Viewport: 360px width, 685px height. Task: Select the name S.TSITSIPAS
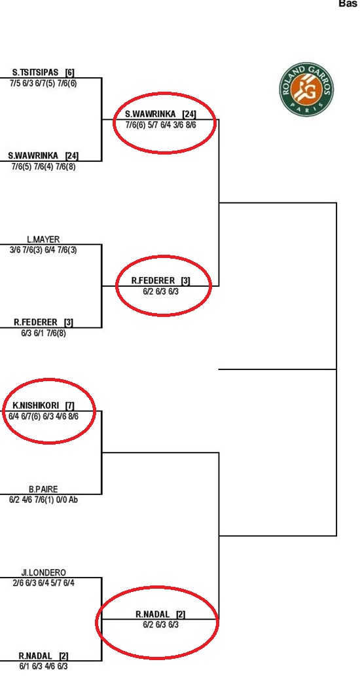pyautogui.click(x=35, y=72)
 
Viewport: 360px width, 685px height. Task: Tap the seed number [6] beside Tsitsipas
pyautogui.click(x=69, y=72)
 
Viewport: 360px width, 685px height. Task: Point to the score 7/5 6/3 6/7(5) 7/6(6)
pyautogui.click(x=43, y=83)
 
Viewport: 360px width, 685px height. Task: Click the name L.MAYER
pyautogui.click(x=43, y=240)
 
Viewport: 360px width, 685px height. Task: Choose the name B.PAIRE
pyautogui.click(x=43, y=489)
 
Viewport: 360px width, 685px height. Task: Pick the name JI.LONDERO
pyautogui.click(x=43, y=572)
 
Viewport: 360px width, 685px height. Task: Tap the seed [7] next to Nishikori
pyautogui.click(x=69, y=405)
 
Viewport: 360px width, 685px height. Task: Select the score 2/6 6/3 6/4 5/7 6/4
pyautogui.click(x=43, y=583)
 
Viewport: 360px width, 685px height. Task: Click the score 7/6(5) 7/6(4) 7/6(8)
pyautogui.click(x=43, y=166)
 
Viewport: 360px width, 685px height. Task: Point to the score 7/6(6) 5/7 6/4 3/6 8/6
pyautogui.click(x=160, y=125)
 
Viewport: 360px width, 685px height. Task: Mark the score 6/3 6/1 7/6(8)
pyautogui.click(x=43, y=333)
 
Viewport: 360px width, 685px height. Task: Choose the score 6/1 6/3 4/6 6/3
pyautogui.click(x=43, y=667)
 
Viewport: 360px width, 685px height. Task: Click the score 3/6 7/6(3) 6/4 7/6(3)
pyautogui.click(x=43, y=250)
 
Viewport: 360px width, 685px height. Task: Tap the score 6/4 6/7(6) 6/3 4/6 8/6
pyautogui.click(x=43, y=416)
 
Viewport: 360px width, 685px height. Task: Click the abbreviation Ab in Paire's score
pyautogui.click(x=73, y=500)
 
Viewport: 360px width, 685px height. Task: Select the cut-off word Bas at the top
pyautogui.click(x=350, y=3)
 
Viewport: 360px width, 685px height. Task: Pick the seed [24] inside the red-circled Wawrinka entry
pyautogui.click(x=189, y=114)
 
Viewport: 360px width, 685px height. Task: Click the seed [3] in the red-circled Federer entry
pyautogui.click(x=185, y=280)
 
